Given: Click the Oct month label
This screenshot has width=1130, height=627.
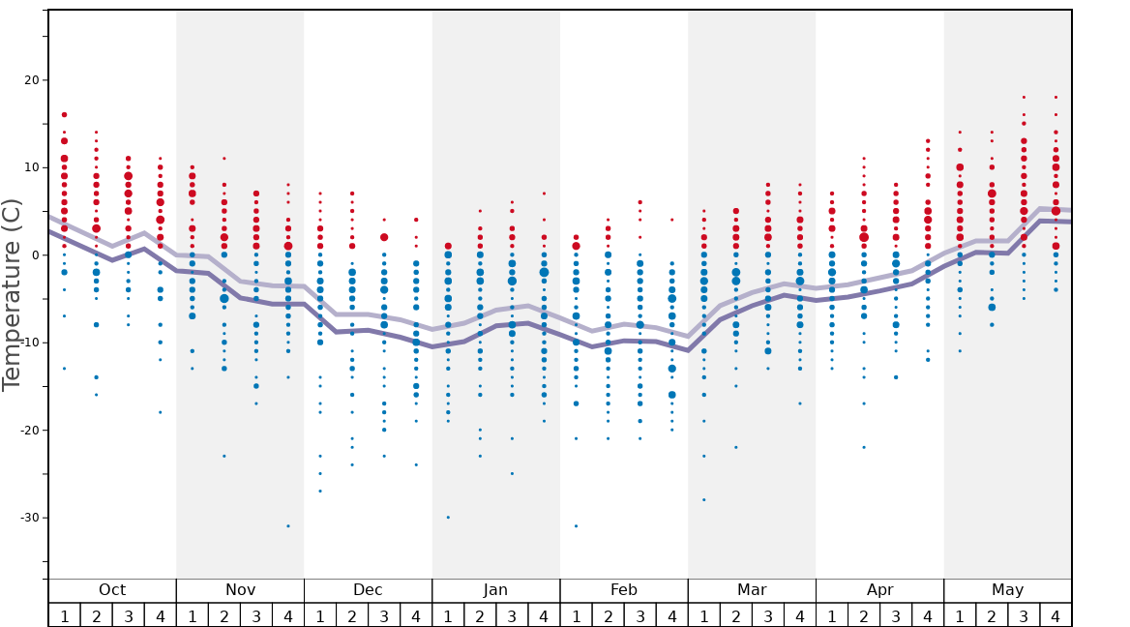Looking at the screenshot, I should (x=112, y=590).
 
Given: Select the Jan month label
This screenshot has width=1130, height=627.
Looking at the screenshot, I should (x=495, y=590).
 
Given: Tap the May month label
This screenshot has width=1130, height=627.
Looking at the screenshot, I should (x=1007, y=590).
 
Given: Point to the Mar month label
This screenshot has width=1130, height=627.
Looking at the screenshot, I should (x=752, y=590).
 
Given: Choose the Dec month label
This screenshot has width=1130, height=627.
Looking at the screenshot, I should (x=368, y=590).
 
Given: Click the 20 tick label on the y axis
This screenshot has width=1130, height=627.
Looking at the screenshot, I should (x=29, y=80).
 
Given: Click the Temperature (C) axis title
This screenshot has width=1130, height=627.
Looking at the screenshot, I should (x=12, y=294).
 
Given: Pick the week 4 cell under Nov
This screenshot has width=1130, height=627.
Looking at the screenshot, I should (x=288, y=615).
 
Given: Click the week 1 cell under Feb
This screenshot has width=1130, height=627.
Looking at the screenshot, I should (x=576, y=615).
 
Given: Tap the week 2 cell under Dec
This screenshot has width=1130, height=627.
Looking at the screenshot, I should (x=352, y=615).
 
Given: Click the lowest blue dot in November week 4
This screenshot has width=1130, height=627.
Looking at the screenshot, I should (x=288, y=525).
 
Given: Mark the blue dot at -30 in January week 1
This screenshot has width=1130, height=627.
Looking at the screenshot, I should (x=448, y=517).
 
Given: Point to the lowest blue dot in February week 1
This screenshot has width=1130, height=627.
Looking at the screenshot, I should (x=576, y=525).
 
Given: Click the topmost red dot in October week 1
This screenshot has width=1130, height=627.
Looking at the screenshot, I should (x=64, y=115).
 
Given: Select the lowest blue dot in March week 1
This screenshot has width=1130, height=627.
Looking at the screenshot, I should (x=703, y=499).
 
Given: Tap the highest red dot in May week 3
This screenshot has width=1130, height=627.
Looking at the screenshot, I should (x=1024, y=97).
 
